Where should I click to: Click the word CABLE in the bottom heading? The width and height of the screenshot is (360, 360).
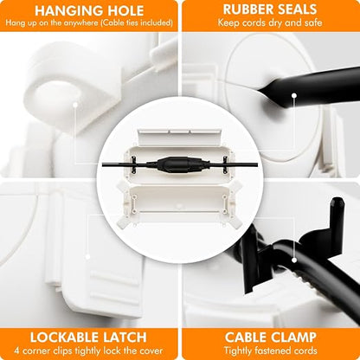pyautogui.click(x=243, y=337)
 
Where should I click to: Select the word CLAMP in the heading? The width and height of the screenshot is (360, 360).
pyautogui.click(x=292, y=337)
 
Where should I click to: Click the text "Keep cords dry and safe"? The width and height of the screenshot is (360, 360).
pyautogui.click(x=270, y=22)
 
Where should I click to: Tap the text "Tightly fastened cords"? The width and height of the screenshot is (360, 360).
pyautogui.click(x=271, y=350)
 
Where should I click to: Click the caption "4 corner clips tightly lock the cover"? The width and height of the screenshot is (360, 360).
pyautogui.click(x=88, y=351)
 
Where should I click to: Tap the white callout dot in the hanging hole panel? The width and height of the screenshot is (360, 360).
pyautogui.click(x=75, y=105)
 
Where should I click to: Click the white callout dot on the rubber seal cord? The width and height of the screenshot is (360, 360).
pyautogui.click(x=294, y=95)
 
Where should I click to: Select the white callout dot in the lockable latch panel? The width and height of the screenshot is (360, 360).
pyautogui.click(x=87, y=256)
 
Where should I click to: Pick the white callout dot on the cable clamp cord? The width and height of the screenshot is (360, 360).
pyautogui.click(x=294, y=260)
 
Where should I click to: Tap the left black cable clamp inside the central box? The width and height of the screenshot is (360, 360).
pyautogui.click(x=134, y=164)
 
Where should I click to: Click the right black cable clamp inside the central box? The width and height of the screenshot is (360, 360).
pyautogui.click(x=225, y=164)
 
